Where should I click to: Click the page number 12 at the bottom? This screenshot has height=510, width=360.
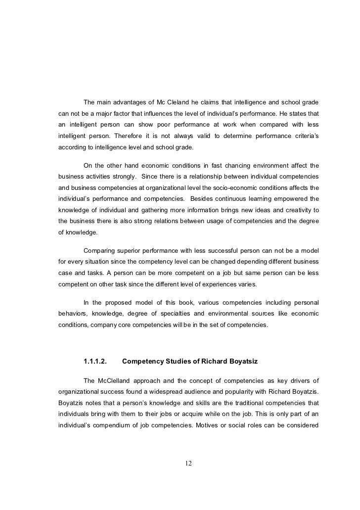187,463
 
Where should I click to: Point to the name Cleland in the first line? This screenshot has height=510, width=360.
183,102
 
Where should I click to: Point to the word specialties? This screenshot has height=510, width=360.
186,313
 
